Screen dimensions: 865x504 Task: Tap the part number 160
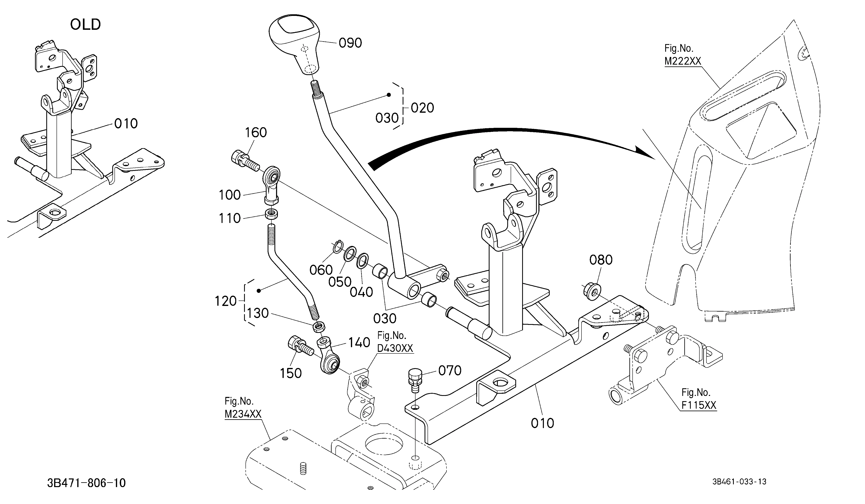tap(256, 132)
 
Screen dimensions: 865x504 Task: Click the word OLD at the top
tap(86, 25)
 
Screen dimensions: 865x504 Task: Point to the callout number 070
tap(450, 371)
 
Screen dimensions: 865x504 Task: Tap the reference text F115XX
tap(699, 405)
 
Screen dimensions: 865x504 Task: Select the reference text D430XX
tap(395, 348)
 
